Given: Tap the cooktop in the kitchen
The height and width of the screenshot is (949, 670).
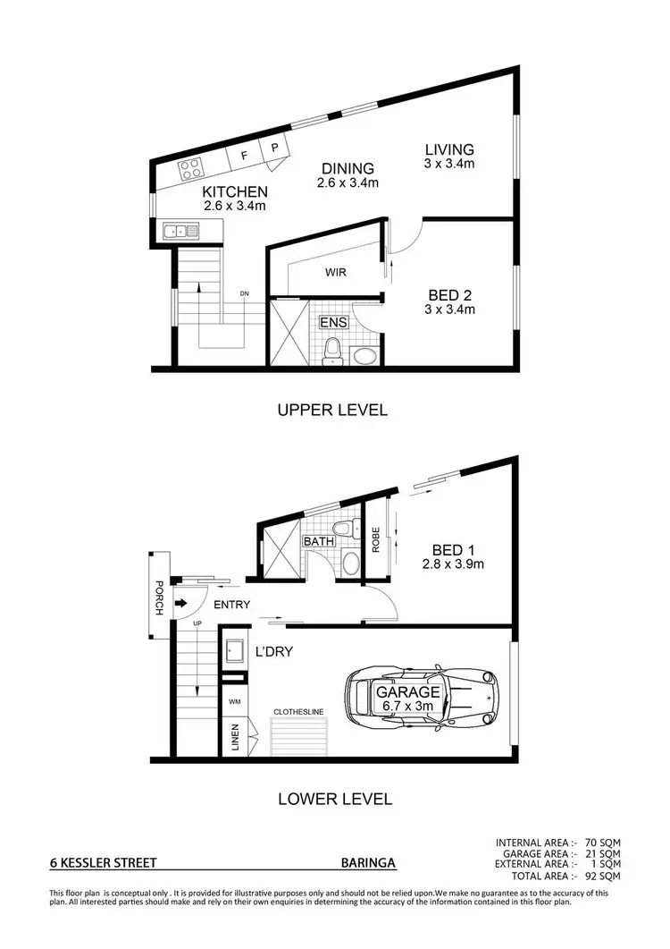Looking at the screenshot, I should pyautogui.click(x=191, y=168).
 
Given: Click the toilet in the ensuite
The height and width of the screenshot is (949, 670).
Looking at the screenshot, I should pyautogui.click(x=332, y=352).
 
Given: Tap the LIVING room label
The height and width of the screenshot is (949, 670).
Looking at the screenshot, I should pyautogui.click(x=449, y=149).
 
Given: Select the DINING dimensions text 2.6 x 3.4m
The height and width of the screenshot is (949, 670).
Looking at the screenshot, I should pyautogui.click(x=348, y=183).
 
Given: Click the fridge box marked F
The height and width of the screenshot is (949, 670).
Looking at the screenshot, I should pyautogui.click(x=243, y=156).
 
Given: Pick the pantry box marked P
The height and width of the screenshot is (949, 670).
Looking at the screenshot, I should pyautogui.click(x=274, y=148).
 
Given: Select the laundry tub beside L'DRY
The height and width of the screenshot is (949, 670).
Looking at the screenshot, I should pyautogui.click(x=234, y=650).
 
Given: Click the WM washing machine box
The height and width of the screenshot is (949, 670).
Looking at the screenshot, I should pyautogui.click(x=234, y=702).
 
